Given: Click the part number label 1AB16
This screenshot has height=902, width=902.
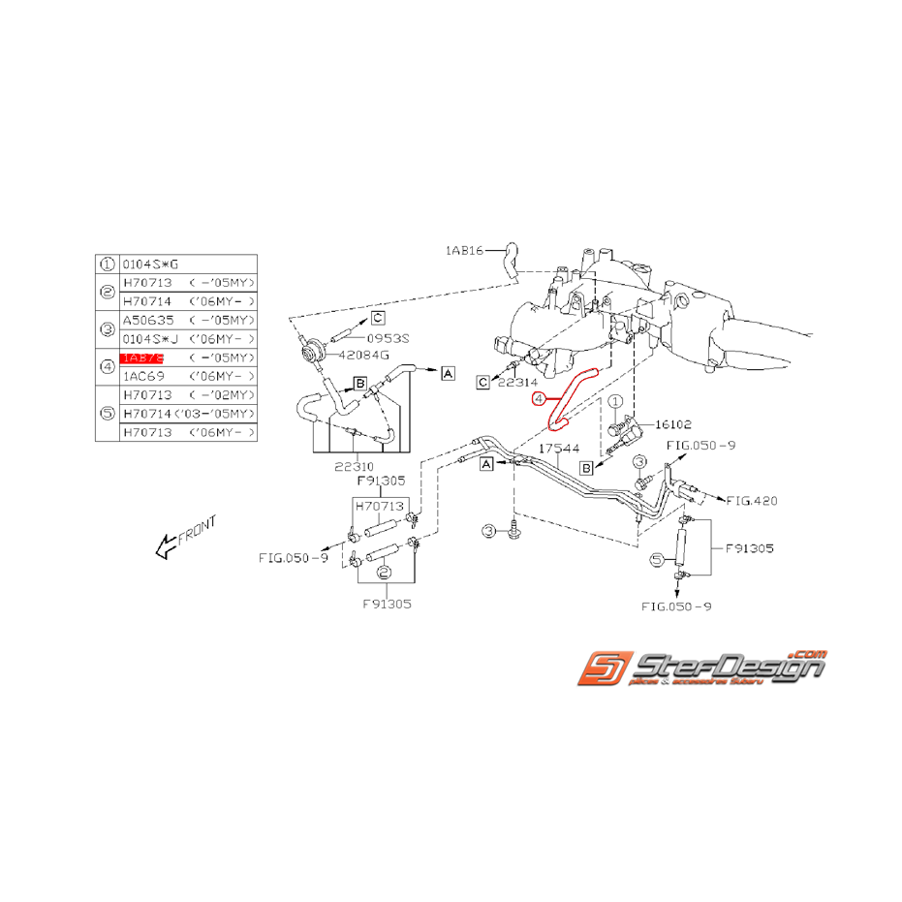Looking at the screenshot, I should [x=464, y=250].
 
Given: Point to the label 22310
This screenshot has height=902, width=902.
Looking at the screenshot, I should [x=354, y=465].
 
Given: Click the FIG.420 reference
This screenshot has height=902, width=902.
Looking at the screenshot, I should [x=752, y=501].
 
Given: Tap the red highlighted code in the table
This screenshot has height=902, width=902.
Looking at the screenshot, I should [x=140, y=358].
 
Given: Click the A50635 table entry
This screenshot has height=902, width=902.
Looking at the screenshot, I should [x=146, y=320].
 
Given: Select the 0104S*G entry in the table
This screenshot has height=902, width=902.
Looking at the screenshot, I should [x=150, y=264].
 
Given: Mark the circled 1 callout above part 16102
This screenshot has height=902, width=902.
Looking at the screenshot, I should [x=612, y=400].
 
